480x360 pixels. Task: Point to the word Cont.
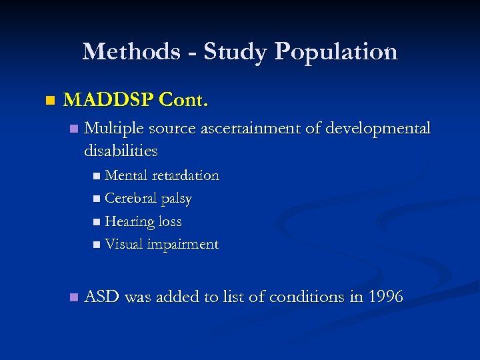click(x=185, y=101)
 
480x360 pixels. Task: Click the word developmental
click(x=378, y=128)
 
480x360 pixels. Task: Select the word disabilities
click(x=121, y=151)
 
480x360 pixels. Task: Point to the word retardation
click(x=185, y=176)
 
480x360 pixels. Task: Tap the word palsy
click(x=177, y=199)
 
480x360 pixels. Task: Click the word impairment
click(x=183, y=245)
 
